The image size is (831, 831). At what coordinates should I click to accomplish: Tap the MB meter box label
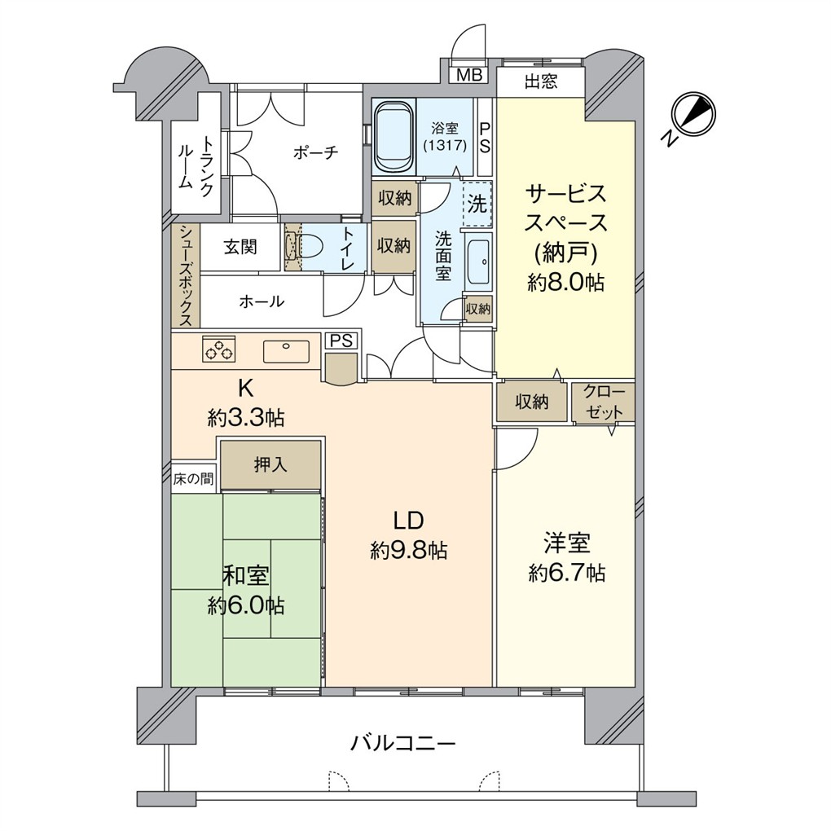click(468, 76)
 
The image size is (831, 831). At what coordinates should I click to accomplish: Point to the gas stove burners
click(218, 349)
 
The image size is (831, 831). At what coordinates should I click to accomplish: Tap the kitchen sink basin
click(286, 351)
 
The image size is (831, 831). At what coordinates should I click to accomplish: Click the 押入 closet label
click(270, 465)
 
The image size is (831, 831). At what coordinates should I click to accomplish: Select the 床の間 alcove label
click(193, 478)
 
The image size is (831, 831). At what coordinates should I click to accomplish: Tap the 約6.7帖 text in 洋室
click(566, 573)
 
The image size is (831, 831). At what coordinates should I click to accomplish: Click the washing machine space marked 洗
click(477, 204)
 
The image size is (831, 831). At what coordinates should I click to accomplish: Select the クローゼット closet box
click(603, 402)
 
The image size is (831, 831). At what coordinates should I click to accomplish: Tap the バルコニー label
click(403, 743)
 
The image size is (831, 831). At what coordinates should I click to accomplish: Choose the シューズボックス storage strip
click(186, 275)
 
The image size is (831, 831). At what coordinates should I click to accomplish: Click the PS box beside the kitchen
click(341, 341)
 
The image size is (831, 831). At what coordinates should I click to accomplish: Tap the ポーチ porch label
click(314, 152)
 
